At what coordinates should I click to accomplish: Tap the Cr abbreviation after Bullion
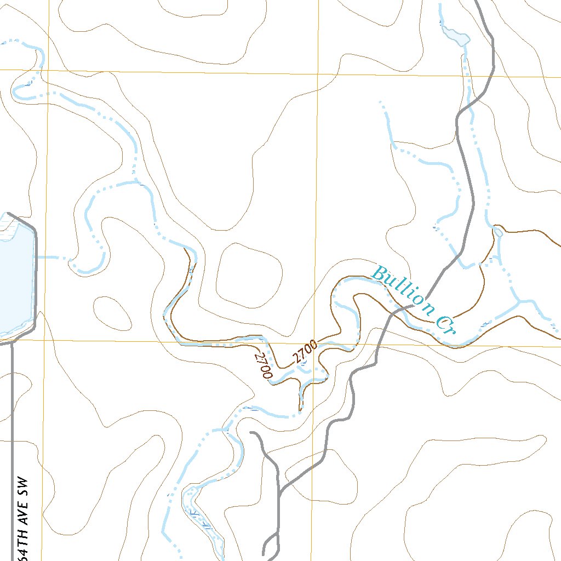click(446, 323)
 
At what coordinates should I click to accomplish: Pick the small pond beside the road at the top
click(458, 37)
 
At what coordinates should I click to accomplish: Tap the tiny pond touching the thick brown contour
click(499, 232)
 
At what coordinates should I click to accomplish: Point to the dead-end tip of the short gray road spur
click(251, 433)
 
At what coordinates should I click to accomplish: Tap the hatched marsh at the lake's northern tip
click(7, 225)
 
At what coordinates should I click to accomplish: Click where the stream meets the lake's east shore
click(36, 256)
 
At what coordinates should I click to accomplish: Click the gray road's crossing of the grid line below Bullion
click(379, 344)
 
